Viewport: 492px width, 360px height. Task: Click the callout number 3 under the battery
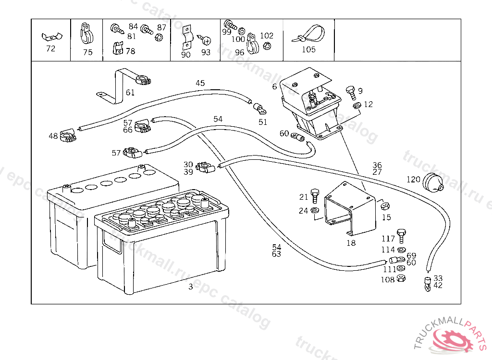(x=191, y=287)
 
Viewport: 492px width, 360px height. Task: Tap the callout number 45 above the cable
(x=200, y=83)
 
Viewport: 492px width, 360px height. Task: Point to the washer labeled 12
(x=356, y=106)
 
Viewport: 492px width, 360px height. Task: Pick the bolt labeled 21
(x=315, y=195)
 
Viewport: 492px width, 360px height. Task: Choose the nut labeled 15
(x=385, y=206)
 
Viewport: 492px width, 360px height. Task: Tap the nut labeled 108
(x=402, y=279)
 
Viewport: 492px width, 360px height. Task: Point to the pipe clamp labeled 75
(x=87, y=34)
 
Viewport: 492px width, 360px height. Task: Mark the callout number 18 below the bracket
(x=351, y=243)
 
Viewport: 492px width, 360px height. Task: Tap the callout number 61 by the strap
(x=131, y=92)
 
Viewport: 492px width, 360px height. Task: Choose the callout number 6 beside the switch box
(x=274, y=86)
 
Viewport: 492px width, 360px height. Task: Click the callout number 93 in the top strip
(x=206, y=52)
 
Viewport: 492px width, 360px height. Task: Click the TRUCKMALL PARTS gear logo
(x=455, y=342)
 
